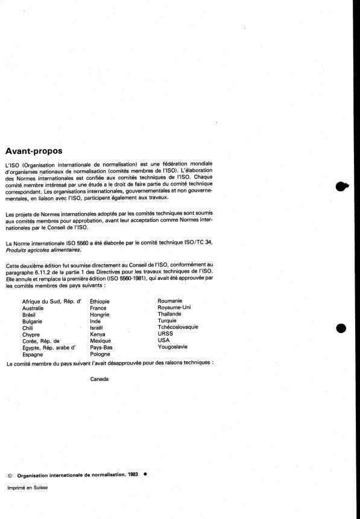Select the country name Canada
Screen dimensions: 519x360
[99, 379]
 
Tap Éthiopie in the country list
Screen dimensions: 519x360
[99, 301]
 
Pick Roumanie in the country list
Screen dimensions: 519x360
[169, 301]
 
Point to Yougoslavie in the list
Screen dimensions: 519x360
[172, 347]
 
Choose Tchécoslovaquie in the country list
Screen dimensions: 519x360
[178, 327]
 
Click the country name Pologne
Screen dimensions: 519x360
[101, 354]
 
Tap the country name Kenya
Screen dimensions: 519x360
[97, 334]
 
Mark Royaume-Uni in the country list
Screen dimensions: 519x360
[174, 307]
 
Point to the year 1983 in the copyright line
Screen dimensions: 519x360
[134, 475]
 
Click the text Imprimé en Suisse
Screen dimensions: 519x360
[27, 488]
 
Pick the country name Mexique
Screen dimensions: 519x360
[100, 341]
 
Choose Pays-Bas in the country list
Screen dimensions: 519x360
[101, 348]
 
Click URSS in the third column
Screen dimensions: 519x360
[165, 334]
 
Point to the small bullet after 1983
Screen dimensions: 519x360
[145, 474]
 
